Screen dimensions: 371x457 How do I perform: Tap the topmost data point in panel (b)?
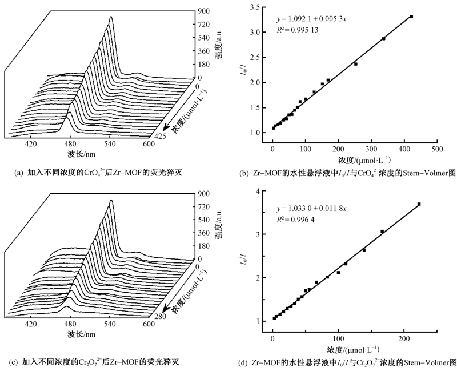411,17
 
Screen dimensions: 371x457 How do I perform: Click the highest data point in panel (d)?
419,204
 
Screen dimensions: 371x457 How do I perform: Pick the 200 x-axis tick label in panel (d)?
404,339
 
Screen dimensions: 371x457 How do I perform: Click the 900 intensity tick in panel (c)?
204,193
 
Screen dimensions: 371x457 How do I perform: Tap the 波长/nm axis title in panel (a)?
82,155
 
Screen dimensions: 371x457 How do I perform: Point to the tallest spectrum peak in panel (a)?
110,18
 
